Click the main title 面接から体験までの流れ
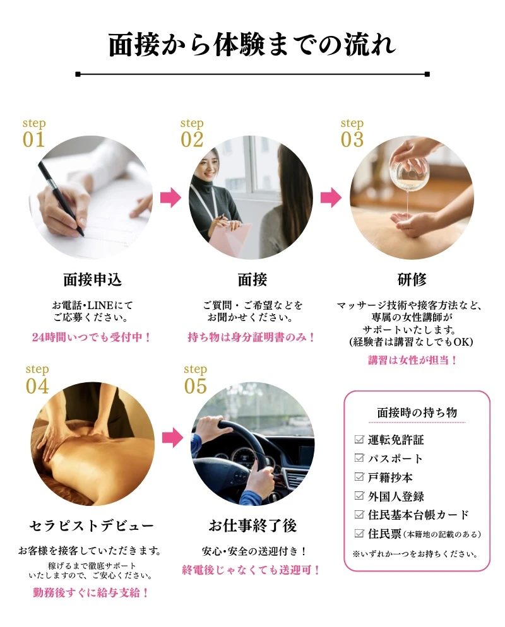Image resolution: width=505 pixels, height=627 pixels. pos(252,44)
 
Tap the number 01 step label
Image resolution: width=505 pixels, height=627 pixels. pos(34,139)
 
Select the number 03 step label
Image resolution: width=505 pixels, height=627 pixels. pos(352,139)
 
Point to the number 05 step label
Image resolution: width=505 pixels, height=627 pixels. pos(195,385)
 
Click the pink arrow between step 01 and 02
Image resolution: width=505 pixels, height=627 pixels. pos(171,197)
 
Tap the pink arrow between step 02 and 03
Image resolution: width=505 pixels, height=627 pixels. pos(331,197)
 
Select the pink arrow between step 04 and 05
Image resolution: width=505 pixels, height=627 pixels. pos(173,438)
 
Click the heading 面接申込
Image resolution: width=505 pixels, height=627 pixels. pos(92,279)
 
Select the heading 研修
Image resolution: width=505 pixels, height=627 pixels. pos(412,279)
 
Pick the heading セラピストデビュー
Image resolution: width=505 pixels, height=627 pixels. pos(92,525)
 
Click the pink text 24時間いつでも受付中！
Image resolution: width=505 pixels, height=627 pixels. pos(92,337)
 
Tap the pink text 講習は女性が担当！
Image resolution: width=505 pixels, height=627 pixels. pos(413,360)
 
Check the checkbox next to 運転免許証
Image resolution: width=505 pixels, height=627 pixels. pos(359,440)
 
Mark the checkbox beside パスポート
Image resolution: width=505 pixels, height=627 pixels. pos(359,458)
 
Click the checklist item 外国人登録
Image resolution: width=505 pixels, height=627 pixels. pos(396,496)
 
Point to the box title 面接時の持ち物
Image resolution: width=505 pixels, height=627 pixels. pos(417,413)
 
